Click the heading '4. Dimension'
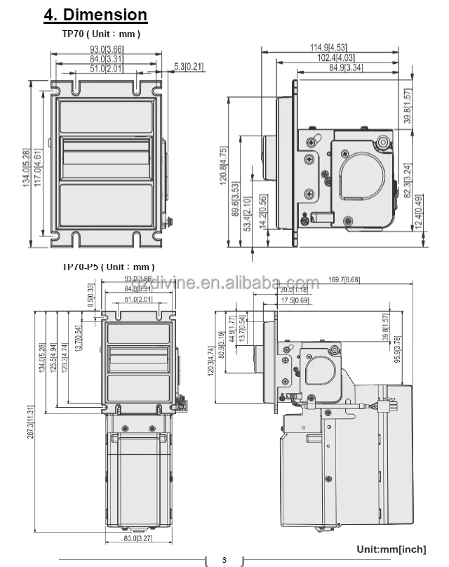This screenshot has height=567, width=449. click(x=95, y=15)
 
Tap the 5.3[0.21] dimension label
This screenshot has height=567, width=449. click(x=189, y=67)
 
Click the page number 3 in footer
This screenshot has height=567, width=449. click(x=224, y=559)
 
